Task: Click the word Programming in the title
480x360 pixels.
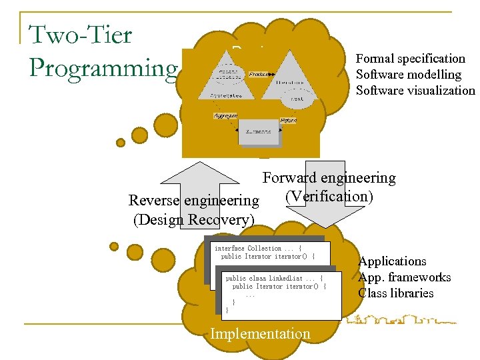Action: coord(103,67)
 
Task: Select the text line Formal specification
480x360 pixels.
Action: coord(410,59)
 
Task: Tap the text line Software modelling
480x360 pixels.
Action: coord(408,75)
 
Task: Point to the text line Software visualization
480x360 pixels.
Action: coord(415,91)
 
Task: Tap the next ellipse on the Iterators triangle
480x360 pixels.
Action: coord(297,99)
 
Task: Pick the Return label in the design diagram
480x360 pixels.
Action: coord(288,121)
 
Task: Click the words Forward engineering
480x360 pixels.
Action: coord(329,178)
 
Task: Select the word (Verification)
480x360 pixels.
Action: coord(329,197)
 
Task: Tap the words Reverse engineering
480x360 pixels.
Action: coord(193,201)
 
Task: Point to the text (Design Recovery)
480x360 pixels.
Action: coord(193,220)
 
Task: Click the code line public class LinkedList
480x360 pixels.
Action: coord(274,278)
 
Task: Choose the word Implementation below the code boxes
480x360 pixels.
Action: coord(260,334)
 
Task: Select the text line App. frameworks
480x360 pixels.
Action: coord(404,277)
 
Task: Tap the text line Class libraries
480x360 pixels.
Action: coord(395,293)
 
